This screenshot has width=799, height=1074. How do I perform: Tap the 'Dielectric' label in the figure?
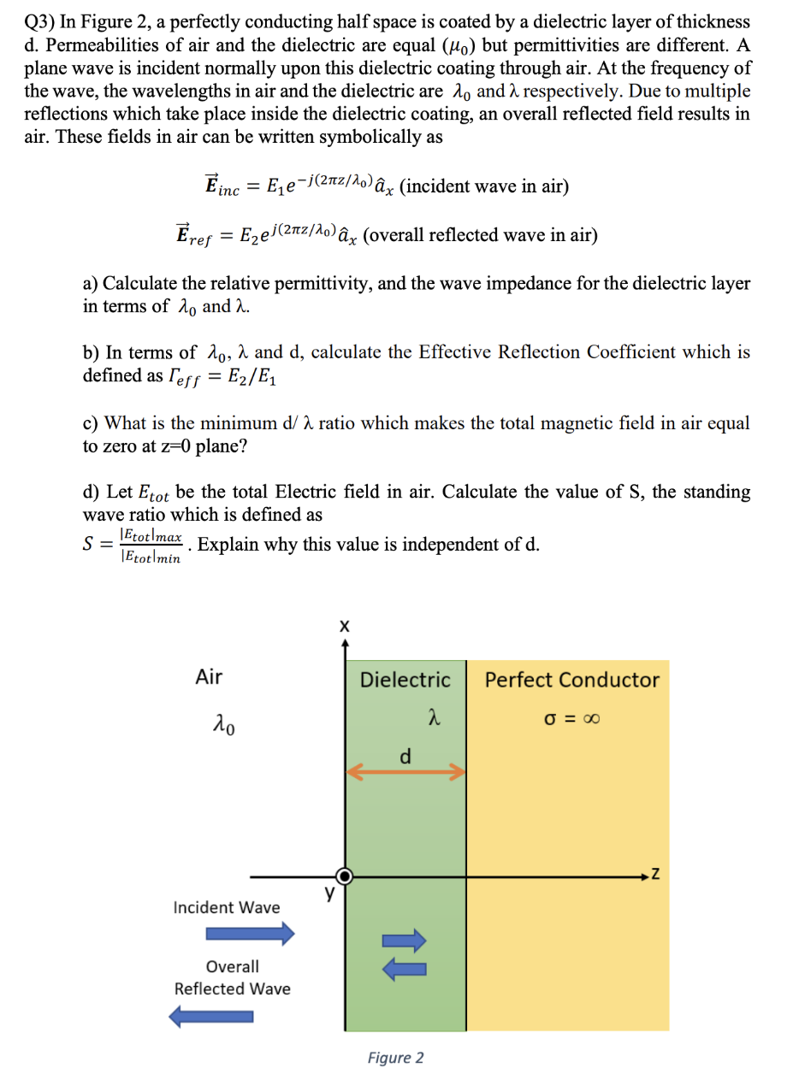click(x=405, y=681)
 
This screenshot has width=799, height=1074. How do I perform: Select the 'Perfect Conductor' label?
click(x=571, y=681)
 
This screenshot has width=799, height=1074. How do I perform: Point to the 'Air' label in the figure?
click(x=209, y=677)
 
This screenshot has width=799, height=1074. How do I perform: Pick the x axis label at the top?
click(x=344, y=627)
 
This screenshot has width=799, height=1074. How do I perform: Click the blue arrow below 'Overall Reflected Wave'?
click(x=213, y=1017)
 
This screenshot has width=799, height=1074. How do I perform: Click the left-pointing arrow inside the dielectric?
click(x=404, y=968)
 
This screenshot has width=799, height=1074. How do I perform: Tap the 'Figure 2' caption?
click(x=395, y=1058)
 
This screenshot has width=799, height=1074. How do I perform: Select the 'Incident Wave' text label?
click(x=226, y=907)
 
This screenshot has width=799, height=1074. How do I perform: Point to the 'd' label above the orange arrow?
click(x=405, y=756)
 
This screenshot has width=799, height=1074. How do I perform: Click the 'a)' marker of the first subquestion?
click(x=92, y=284)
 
